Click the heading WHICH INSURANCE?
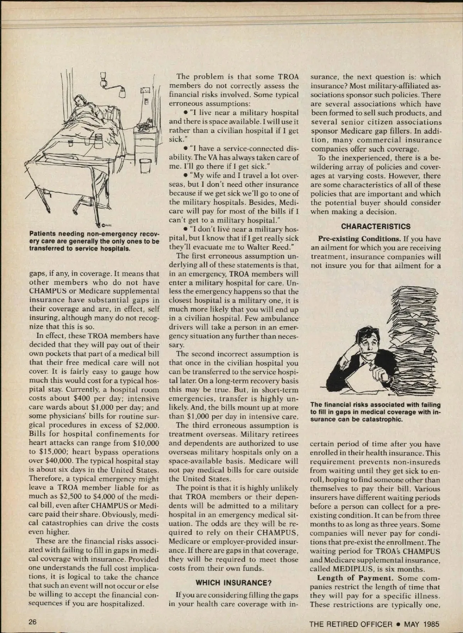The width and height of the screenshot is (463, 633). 231,583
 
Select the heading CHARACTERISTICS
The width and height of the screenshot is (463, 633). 376,226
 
